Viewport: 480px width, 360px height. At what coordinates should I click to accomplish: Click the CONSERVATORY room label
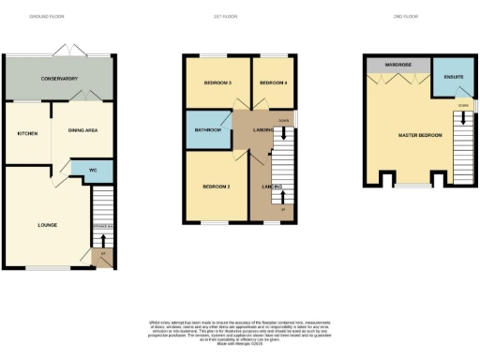[x=58, y=79]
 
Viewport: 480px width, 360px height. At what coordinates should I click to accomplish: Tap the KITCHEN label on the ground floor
[x=27, y=133]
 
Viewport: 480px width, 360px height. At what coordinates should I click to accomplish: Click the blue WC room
[x=94, y=171]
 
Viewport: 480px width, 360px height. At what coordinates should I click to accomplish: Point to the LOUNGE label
[x=48, y=225]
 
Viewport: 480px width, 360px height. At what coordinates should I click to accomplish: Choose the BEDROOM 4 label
[x=273, y=83]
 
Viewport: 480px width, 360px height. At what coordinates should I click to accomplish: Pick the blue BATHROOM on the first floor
[x=208, y=129]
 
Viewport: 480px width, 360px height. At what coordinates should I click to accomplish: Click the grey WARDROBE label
[x=397, y=65]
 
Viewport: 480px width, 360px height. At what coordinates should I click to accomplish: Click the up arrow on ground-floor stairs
[x=102, y=239]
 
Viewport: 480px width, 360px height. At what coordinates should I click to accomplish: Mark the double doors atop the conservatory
[x=69, y=48]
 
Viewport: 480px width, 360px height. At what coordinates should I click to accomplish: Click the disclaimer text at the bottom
[x=240, y=331]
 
